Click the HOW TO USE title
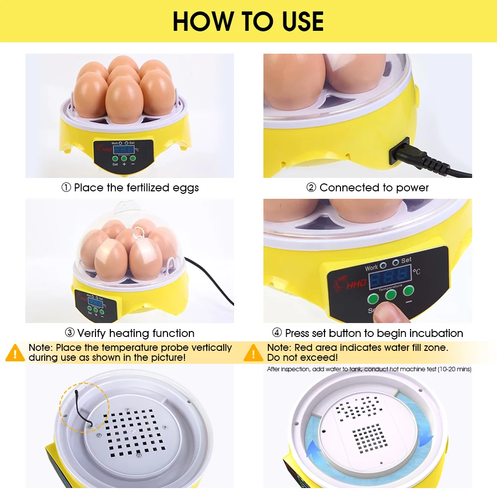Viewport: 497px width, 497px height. click(x=248, y=21)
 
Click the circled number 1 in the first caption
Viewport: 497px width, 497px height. click(x=66, y=188)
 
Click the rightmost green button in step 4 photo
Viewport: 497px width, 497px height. click(x=409, y=291)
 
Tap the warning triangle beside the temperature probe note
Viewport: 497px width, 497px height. click(x=15, y=352)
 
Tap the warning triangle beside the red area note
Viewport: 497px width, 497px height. click(x=253, y=352)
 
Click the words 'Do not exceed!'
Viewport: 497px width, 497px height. click(x=302, y=357)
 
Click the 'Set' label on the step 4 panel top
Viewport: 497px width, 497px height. click(x=406, y=260)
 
